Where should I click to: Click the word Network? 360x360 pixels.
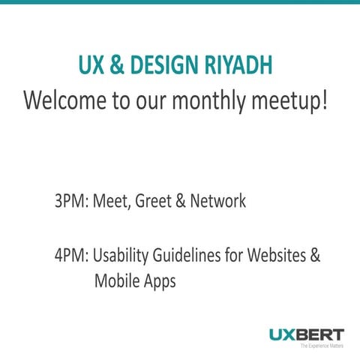tap(217, 202)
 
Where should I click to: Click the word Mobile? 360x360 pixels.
tap(116, 281)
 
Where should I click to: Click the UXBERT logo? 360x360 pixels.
tap(307, 334)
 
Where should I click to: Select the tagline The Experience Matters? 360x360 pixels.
tap(322, 346)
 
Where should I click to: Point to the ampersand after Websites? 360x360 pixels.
tap(315, 255)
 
